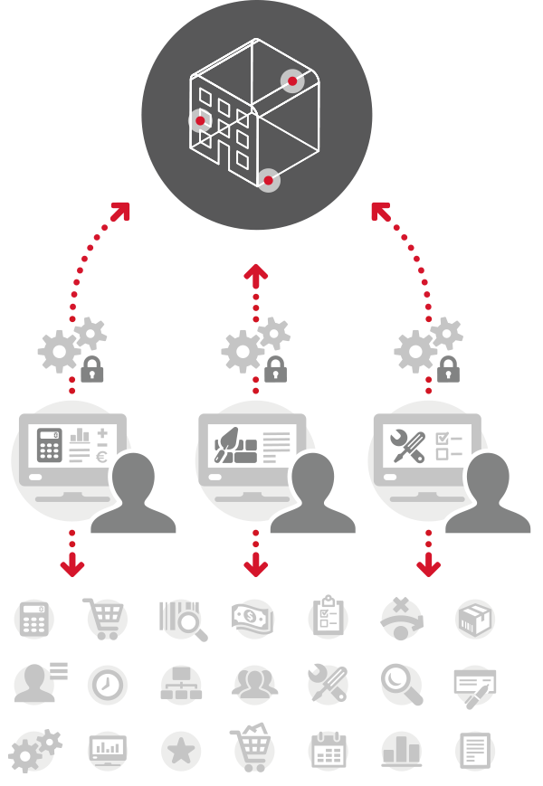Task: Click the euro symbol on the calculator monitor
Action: pos(101,458)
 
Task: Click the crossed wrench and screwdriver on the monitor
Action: pos(406,445)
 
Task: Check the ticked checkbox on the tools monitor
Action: pos(443,437)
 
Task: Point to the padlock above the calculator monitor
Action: pos(91,369)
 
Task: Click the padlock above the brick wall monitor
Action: pos(276,369)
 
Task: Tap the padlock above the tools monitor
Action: pos(448,369)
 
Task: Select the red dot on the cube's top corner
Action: pos(291,81)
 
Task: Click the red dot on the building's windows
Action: pos(201,120)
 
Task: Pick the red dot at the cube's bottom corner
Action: pos(268,181)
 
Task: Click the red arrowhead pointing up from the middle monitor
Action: pos(257,272)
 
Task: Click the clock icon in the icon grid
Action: pos(107,685)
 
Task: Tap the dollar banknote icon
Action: pos(252,620)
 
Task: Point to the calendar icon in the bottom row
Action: pos(327,751)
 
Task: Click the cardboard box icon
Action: pos(474,620)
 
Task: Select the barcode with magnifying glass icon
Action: pos(182,620)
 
